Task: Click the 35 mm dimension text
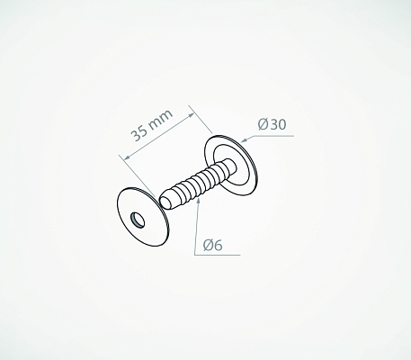152,124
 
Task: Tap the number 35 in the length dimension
139,132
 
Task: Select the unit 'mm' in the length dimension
161,119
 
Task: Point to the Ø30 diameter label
272,124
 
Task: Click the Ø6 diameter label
213,245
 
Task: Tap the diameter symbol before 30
263,124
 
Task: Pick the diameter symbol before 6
208,245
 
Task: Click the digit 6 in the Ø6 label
219,245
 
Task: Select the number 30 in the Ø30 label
278,124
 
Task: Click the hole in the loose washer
138,220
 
